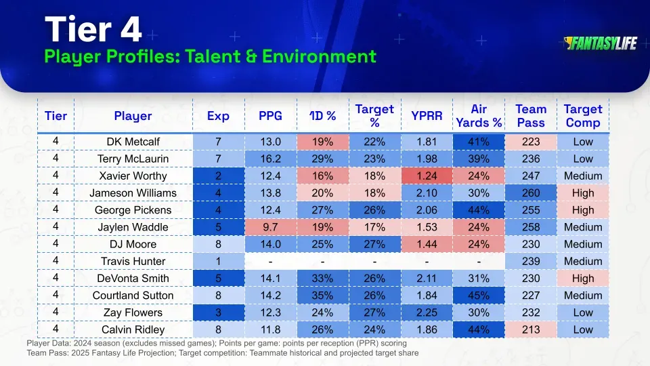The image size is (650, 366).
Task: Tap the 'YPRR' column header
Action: [x=427, y=116]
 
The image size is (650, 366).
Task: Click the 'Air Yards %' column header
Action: [x=479, y=116]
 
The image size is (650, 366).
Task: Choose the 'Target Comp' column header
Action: [x=582, y=116]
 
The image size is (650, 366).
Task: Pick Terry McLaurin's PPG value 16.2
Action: [x=270, y=159]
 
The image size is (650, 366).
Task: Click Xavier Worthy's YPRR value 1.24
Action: [x=427, y=176]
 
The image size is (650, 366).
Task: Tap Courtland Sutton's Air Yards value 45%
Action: [x=479, y=296]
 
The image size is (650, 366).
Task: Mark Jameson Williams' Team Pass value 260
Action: [x=531, y=192]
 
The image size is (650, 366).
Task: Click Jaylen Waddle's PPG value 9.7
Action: [x=270, y=227]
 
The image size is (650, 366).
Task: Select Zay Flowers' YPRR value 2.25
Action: [x=427, y=312]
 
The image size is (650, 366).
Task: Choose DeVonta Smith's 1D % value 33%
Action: [x=322, y=278]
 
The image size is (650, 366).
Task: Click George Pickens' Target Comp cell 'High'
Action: [x=582, y=210]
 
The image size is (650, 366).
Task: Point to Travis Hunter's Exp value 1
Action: [x=218, y=261]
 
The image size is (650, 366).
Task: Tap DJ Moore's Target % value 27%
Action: [x=374, y=244]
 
